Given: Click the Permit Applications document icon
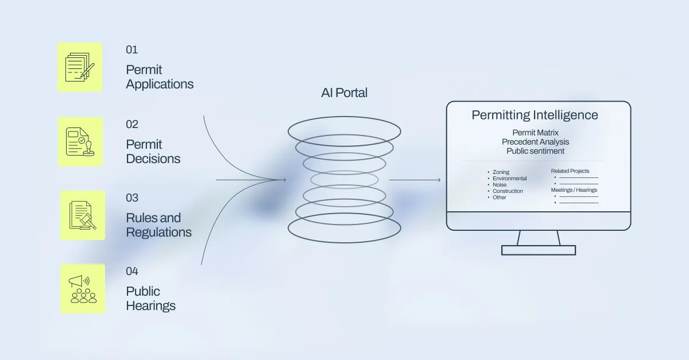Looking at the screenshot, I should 80,67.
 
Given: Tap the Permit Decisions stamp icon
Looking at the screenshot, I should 80,142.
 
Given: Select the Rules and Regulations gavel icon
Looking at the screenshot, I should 83,215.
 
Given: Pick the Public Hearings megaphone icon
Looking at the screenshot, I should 83,289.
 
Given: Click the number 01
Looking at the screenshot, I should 132,50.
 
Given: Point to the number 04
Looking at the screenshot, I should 132,271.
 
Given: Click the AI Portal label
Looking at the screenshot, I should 344,93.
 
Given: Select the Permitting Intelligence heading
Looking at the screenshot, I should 535,115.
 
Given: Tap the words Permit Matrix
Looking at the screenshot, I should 535,133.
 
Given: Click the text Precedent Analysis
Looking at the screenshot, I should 535,142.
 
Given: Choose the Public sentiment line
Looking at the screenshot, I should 535,151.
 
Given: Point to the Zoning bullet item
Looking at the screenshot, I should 501,172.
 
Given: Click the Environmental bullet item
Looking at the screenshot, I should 509,179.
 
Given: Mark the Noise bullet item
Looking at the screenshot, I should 500,185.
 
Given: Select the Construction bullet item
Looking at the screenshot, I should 508,191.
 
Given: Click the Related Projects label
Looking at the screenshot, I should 570,171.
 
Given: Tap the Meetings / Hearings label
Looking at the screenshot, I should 574,190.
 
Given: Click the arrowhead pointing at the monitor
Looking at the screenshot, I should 439,180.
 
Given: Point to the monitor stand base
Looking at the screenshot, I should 538,250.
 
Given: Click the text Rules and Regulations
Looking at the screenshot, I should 158,225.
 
